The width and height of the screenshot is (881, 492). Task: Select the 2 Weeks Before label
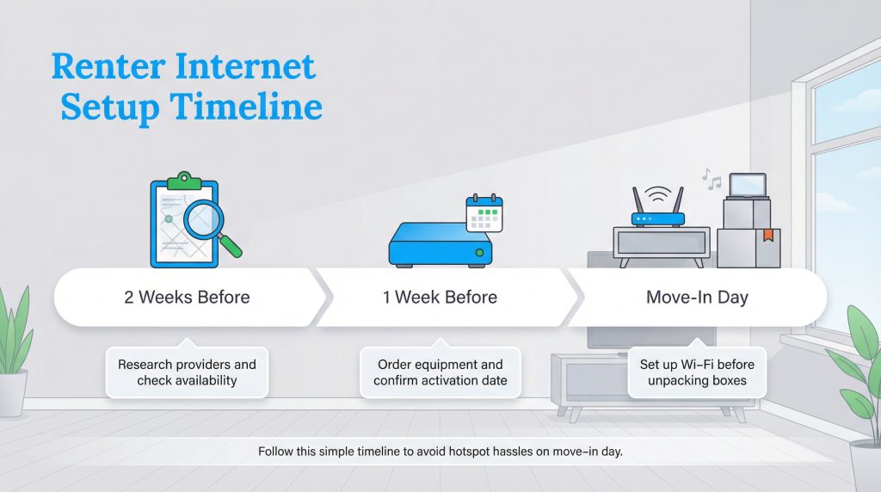click(187, 298)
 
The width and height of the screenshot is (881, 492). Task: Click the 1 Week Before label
click(440, 298)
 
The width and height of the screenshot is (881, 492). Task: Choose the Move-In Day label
click(697, 298)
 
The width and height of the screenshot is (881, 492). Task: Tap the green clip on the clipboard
click(184, 181)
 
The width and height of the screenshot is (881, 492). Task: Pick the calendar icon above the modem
click(484, 212)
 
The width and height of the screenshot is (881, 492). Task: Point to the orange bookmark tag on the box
click(767, 234)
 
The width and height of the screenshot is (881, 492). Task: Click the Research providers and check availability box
click(187, 372)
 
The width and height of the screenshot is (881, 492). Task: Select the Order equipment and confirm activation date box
click(440, 372)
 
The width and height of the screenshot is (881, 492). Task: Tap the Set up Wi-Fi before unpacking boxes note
click(697, 372)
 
